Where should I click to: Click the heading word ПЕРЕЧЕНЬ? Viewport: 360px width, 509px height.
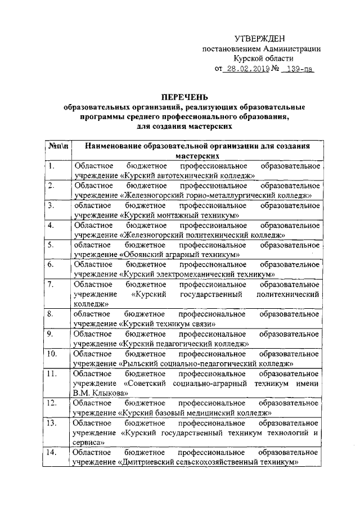[x=185, y=96]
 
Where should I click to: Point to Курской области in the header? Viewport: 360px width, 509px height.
[x=263, y=58]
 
